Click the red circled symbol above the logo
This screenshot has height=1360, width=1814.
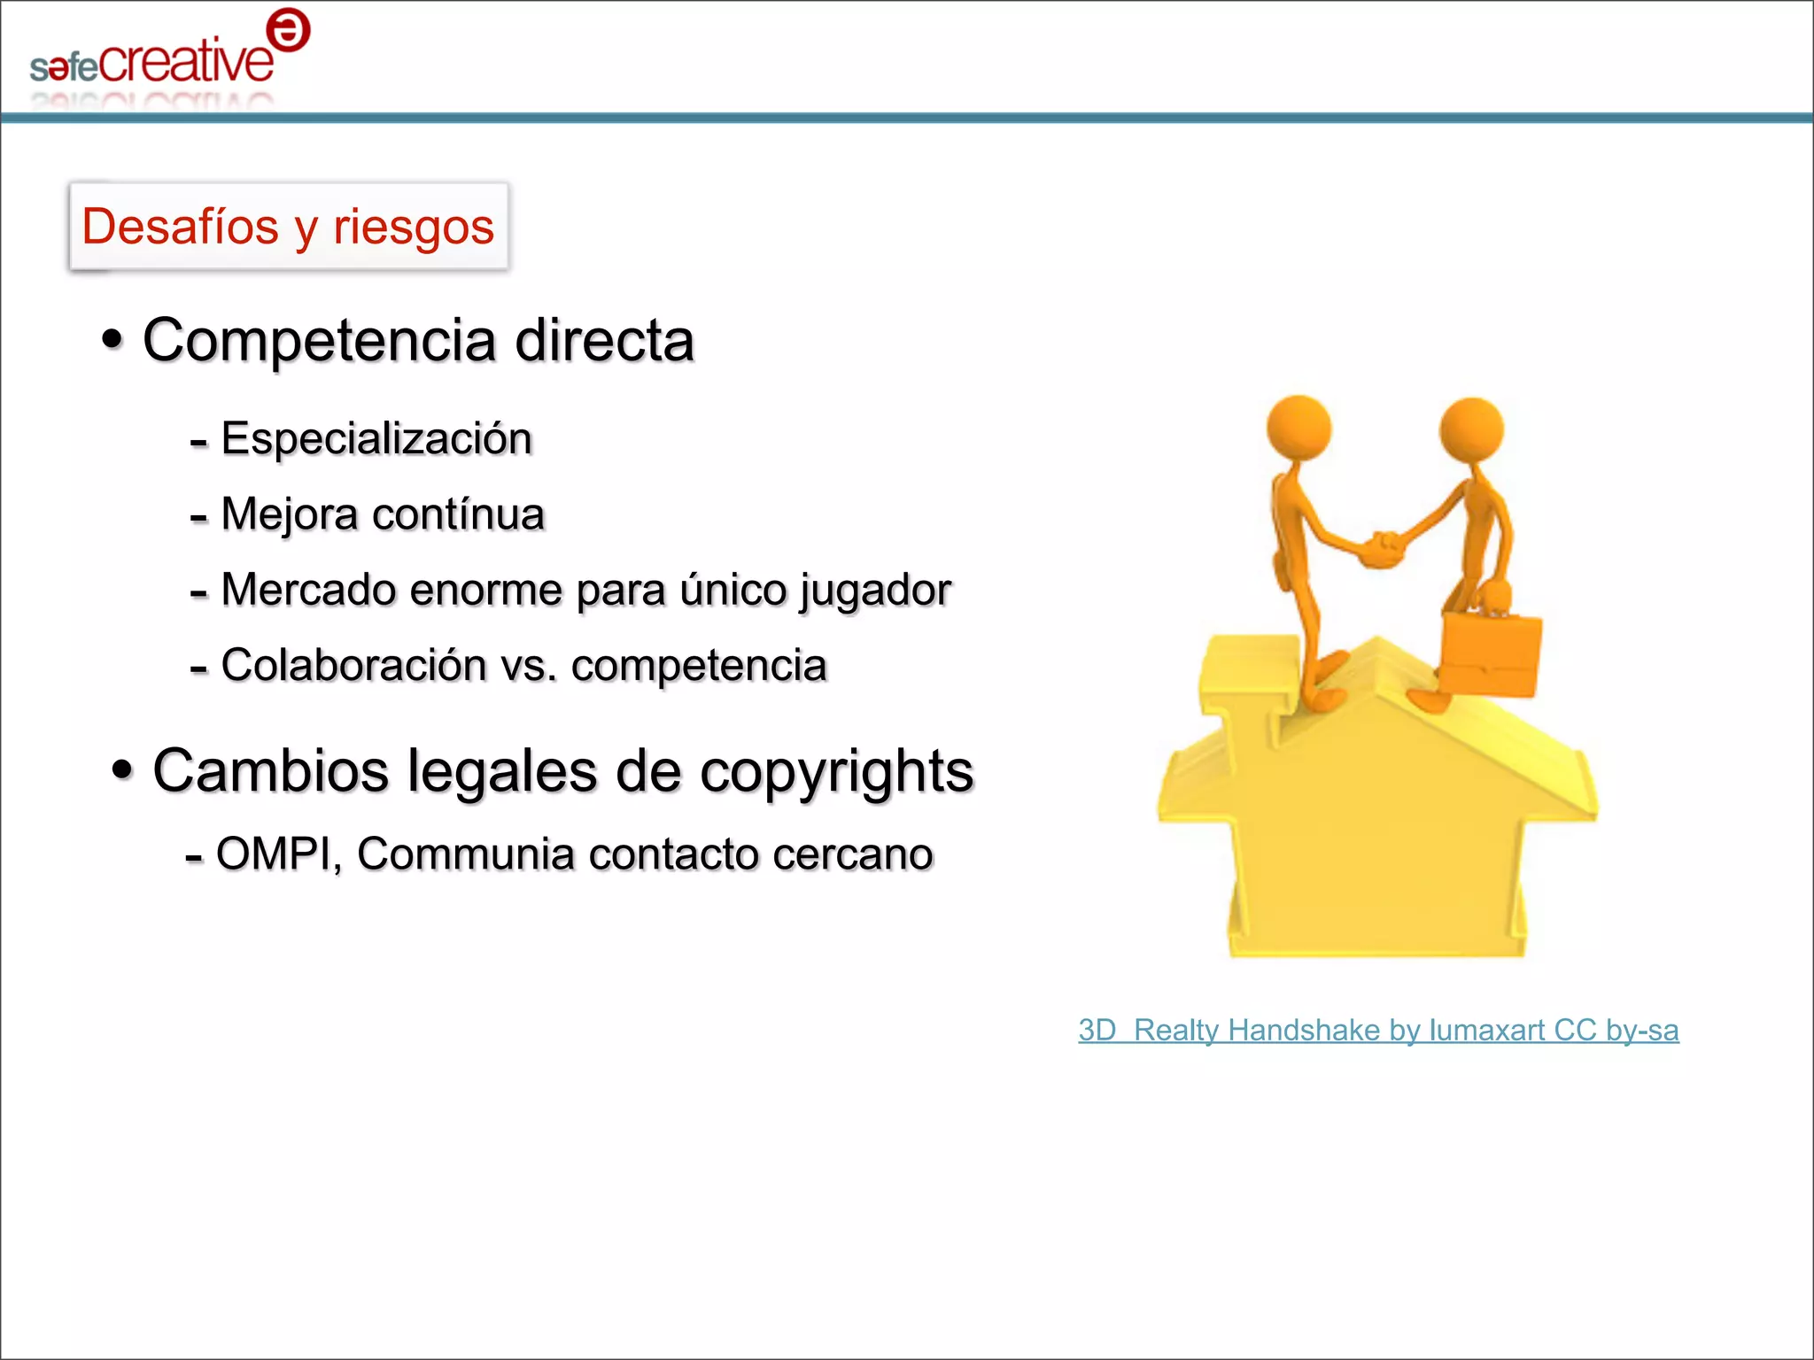288,32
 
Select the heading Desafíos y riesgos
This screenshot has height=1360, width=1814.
288,226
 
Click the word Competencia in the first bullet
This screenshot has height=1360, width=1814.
319,341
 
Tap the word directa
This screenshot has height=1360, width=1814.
605,341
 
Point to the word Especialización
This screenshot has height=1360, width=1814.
376,439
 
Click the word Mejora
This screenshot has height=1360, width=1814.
289,514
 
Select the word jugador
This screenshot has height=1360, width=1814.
875,591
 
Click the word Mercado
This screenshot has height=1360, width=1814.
307,590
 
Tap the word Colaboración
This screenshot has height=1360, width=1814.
353,665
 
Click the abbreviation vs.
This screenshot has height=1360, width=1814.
529,666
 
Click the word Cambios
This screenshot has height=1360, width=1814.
270,770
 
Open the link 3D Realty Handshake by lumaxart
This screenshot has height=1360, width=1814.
1378,1031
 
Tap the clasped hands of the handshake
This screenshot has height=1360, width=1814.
1382,549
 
